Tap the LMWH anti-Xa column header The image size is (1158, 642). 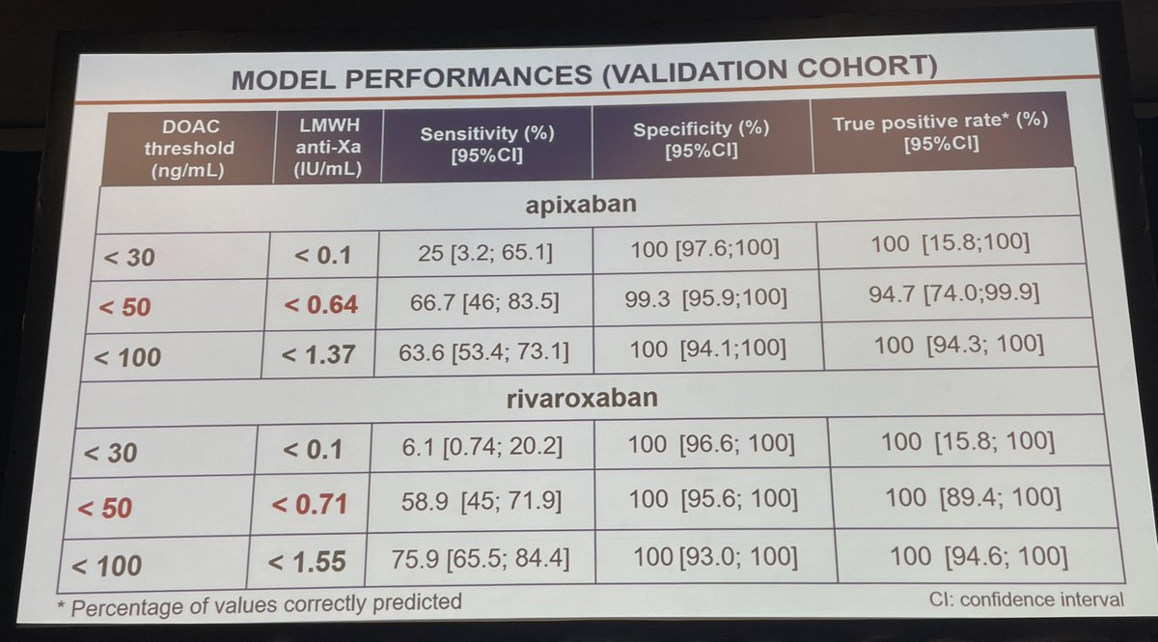tap(324, 144)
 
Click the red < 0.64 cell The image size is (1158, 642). tap(321, 305)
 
